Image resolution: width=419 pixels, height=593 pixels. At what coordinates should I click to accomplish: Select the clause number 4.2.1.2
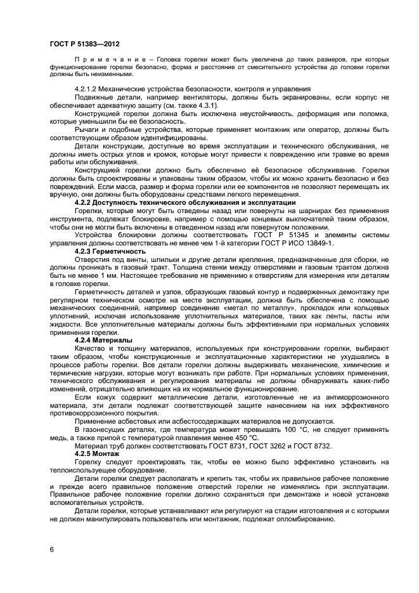87,88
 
